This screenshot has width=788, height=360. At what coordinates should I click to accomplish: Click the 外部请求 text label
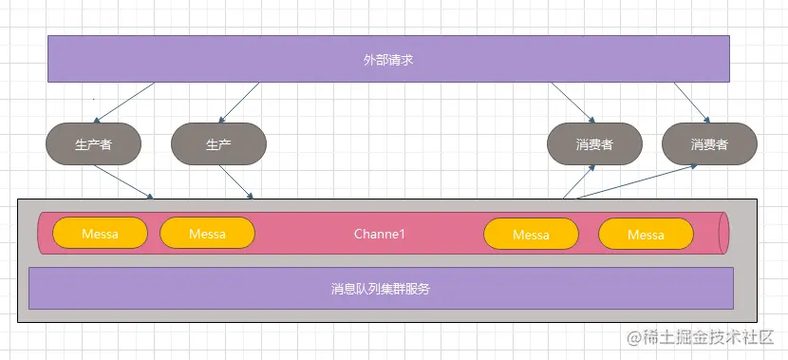click(x=387, y=60)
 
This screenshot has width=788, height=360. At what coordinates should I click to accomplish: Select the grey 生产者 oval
click(x=93, y=144)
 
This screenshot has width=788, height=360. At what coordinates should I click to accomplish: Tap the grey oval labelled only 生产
click(x=218, y=144)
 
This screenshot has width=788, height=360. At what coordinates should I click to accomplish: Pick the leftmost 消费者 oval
click(x=594, y=144)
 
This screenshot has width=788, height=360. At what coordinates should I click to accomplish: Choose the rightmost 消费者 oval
click(x=709, y=144)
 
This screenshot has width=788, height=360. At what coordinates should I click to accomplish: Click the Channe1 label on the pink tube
click(x=380, y=234)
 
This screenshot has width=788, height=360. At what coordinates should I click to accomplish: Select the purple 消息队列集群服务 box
click(x=381, y=288)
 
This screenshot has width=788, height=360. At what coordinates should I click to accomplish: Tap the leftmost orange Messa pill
click(x=100, y=234)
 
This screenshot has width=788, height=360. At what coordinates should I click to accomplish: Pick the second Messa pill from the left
click(x=207, y=234)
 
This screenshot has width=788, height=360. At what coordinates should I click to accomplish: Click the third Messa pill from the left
click(x=531, y=234)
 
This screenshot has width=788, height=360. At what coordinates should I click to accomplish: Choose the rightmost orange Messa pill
click(x=646, y=234)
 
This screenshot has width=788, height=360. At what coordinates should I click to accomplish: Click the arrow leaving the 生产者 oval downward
click(x=123, y=182)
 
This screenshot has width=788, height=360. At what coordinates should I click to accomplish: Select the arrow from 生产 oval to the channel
click(x=235, y=182)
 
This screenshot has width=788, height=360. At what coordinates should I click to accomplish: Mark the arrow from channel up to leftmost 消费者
click(x=579, y=181)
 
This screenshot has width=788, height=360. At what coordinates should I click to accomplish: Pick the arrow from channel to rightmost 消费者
click(x=636, y=181)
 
